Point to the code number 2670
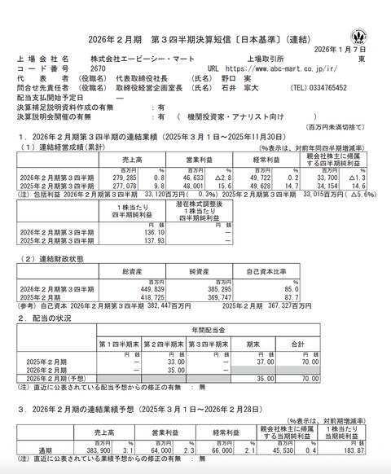pos(98,69)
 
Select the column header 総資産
pos(134,270)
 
